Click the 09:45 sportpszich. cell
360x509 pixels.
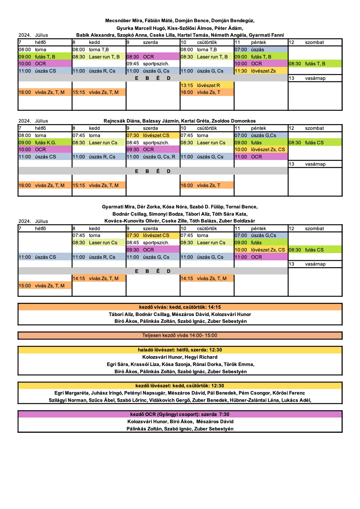point(153,64)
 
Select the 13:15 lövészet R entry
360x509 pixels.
point(207,85)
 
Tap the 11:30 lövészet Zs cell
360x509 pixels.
point(261,71)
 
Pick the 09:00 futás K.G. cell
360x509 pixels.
point(45,143)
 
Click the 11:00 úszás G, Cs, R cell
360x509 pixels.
point(153,157)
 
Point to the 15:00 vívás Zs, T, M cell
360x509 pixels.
point(45,286)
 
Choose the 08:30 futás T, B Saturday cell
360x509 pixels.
point(315,64)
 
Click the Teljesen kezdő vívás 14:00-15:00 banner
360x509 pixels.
point(180,335)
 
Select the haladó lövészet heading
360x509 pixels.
point(180,350)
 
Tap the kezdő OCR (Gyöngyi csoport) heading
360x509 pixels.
point(180,414)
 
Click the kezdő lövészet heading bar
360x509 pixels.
point(180,386)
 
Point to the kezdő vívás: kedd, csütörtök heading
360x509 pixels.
point(180,307)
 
